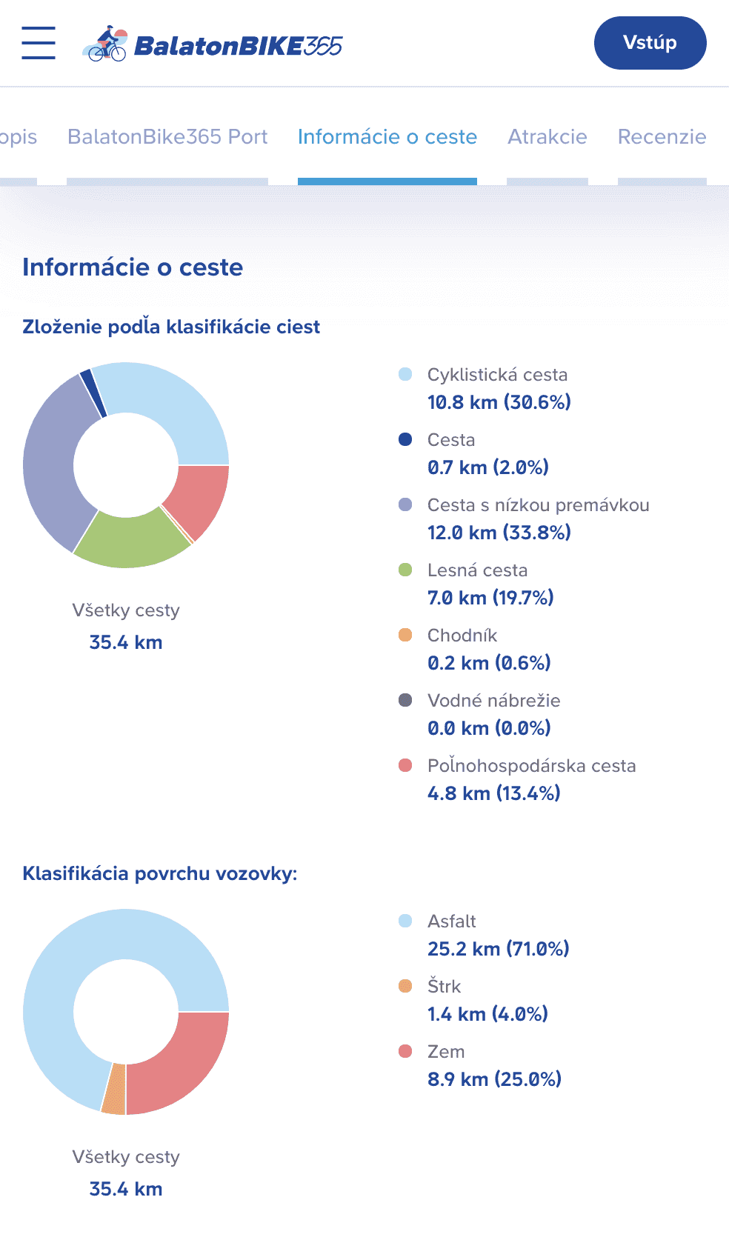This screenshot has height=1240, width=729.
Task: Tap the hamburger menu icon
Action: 39,42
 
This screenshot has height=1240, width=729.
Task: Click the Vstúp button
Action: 650,43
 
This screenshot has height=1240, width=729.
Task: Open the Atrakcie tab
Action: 547,137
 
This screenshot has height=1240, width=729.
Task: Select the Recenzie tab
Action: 662,137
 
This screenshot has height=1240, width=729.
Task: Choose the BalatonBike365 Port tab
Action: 167,137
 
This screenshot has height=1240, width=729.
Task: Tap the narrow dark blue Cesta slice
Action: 92,390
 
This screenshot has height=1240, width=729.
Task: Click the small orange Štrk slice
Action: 114,1089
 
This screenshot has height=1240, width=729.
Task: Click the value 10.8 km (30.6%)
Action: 499,402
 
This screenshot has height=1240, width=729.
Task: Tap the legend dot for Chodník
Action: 405,635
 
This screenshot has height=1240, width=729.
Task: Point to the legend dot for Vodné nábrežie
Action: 405,700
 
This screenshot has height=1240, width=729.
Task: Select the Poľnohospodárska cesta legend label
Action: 531,766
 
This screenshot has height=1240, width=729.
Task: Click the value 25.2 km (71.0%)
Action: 498,949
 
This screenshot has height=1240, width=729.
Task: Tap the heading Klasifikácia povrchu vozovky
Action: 159,873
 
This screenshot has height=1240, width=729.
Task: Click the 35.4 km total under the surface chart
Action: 126,1189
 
